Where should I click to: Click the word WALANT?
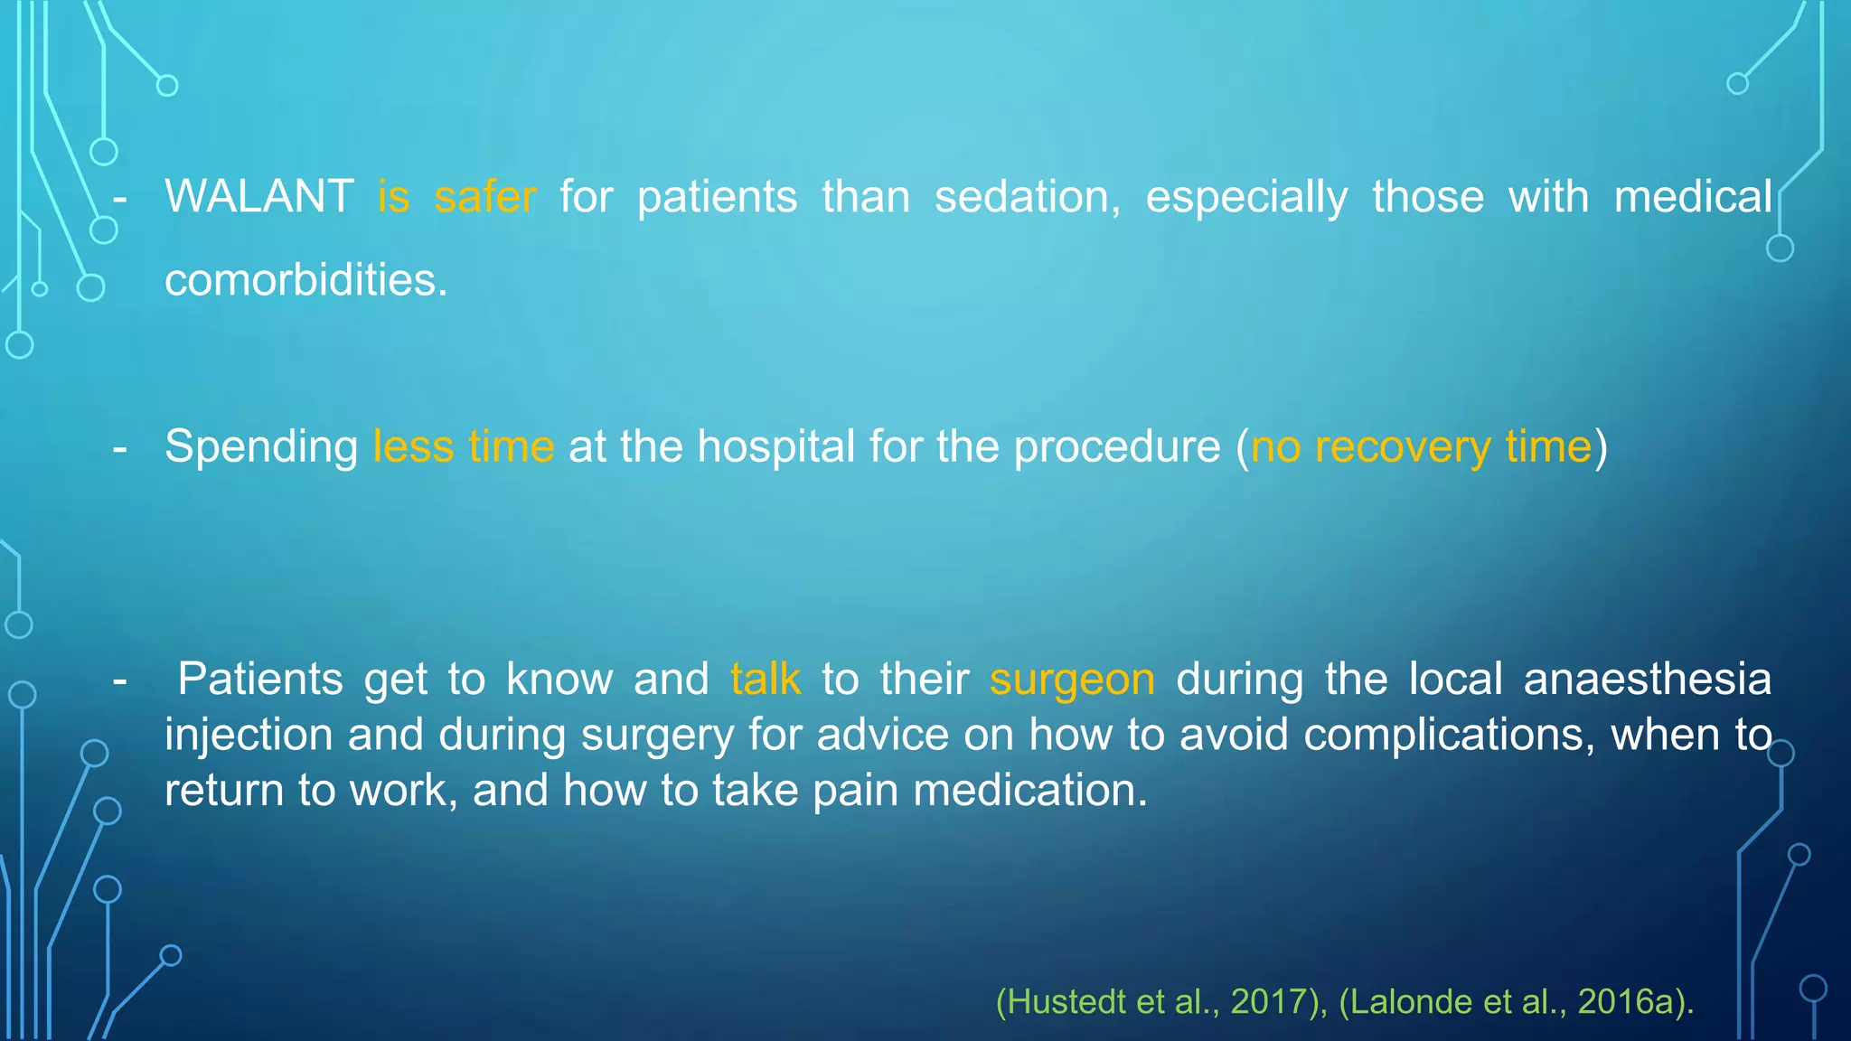tap(258, 197)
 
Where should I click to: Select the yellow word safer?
tap(485, 197)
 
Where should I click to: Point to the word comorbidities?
tap(305, 280)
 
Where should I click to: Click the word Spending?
tap(261, 447)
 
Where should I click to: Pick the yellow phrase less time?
tap(464, 447)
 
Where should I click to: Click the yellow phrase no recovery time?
tap(1421, 447)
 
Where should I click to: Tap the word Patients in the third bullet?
tap(260, 680)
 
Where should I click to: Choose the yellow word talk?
tap(766, 680)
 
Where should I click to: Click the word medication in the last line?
tap(1029, 791)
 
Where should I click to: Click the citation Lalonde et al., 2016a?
tap(1514, 1002)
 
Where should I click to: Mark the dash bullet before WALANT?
tap(119, 198)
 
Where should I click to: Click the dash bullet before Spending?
tap(119, 447)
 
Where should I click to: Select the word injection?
tap(249, 736)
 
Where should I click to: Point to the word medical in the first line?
tap(1693, 197)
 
